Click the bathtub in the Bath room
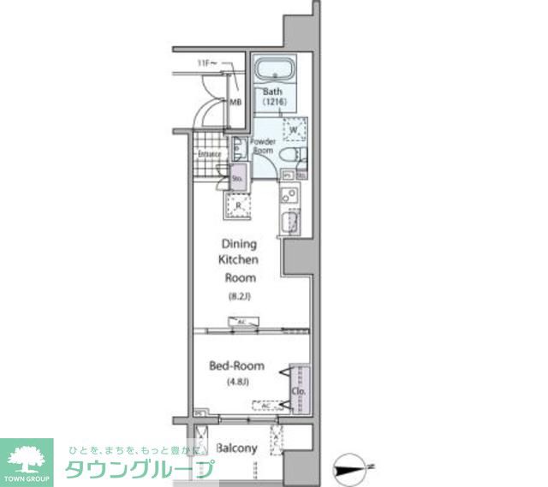tap(275, 69)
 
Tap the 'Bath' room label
tap(273, 92)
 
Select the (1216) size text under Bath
tap(273, 103)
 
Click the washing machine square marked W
tap(294, 129)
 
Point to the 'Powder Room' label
tap(262, 146)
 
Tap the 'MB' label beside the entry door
tap(235, 103)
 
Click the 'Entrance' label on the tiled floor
tap(210, 155)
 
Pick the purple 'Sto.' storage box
tap(237, 178)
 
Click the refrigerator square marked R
tap(237, 205)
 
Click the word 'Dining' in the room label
tap(240, 243)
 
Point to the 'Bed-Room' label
tap(237, 365)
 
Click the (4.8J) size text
tap(236, 382)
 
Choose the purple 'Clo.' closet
tap(299, 389)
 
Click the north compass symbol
tap(353, 466)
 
